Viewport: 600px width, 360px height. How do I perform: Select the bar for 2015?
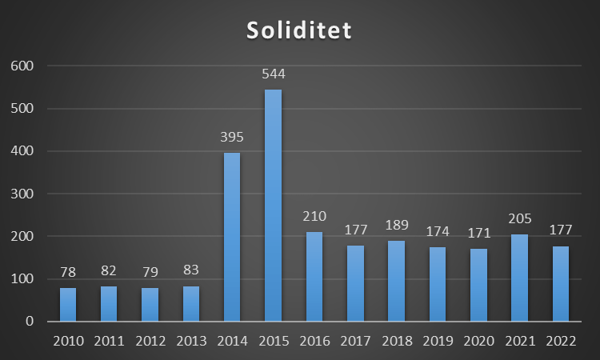(x=273, y=206)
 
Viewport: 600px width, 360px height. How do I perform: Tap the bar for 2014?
(x=232, y=238)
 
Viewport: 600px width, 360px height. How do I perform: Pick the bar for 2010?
(x=68, y=305)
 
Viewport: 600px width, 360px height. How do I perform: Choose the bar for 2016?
(x=314, y=277)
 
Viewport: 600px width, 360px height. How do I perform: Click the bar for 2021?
(x=519, y=278)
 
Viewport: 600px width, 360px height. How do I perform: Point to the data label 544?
(x=273, y=74)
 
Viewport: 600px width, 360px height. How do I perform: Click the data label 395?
(x=232, y=138)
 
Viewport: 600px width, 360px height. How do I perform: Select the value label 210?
(x=314, y=217)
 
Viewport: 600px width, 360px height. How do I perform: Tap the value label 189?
(x=396, y=226)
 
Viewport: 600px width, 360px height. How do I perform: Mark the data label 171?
(x=478, y=234)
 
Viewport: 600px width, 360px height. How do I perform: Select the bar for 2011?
(x=109, y=304)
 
